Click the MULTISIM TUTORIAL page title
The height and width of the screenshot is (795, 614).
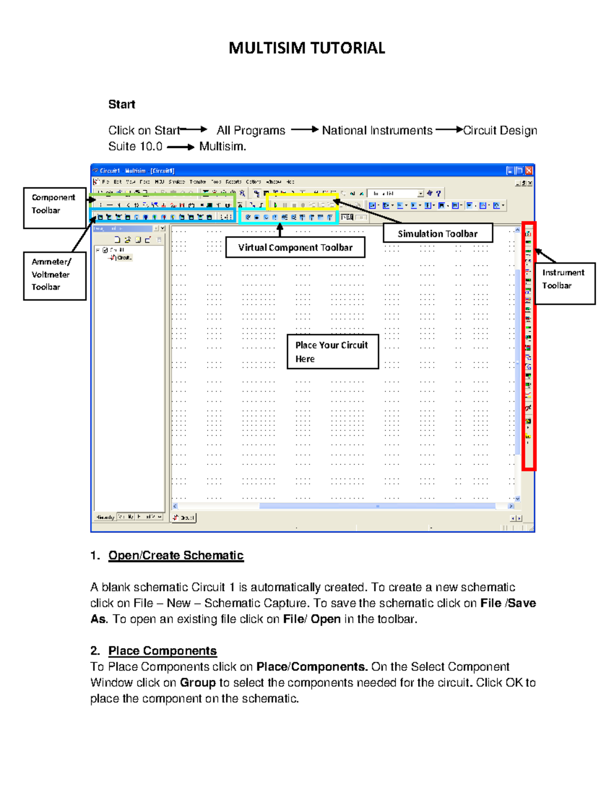point(306,48)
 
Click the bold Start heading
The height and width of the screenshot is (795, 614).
point(122,104)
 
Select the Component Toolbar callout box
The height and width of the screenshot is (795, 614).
point(54,207)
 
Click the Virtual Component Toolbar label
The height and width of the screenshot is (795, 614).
point(295,247)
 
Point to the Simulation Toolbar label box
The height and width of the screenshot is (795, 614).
point(437,233)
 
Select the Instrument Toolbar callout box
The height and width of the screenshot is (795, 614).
point(564,283)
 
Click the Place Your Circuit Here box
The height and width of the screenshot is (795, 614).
point(333,352)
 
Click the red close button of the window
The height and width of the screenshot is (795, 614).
point(529,170)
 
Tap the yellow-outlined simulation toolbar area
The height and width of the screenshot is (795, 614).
point(302,202)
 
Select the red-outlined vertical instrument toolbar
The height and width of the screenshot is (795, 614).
point(529,346)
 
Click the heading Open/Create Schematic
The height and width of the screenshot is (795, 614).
point(176,555)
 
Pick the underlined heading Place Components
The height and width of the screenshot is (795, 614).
point(162,651)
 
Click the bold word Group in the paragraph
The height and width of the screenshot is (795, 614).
point(198,683)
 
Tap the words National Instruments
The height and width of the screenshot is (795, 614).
point(377,131)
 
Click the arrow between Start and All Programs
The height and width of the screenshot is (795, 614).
point(194,130)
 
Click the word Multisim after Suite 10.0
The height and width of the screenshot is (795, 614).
point(222,146)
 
